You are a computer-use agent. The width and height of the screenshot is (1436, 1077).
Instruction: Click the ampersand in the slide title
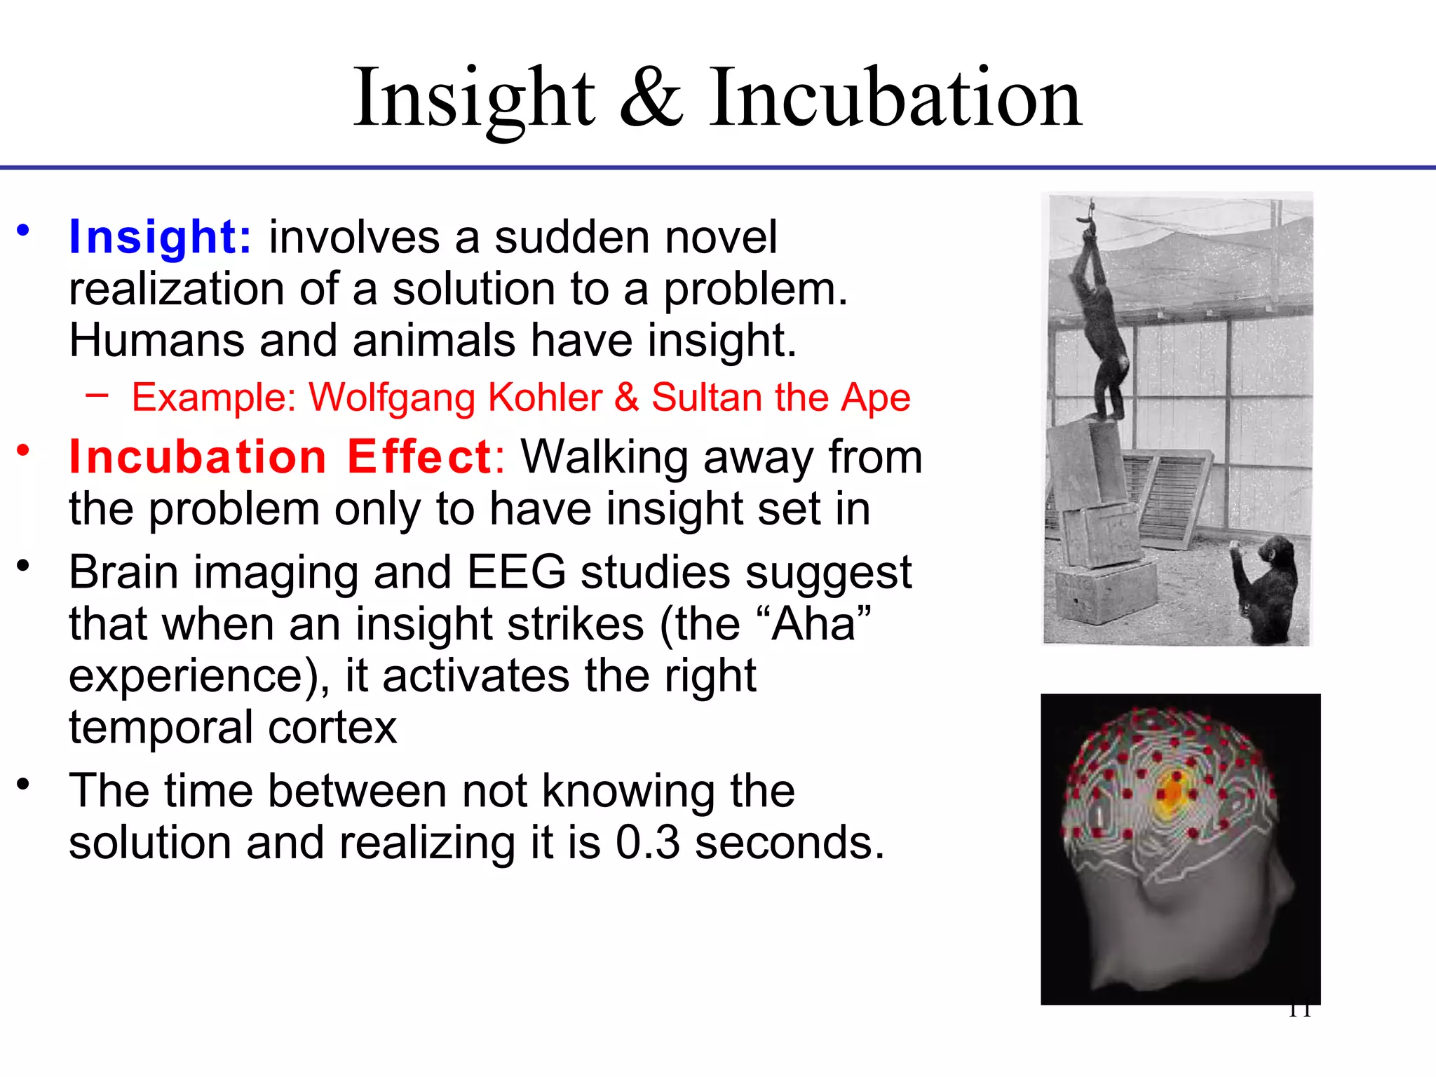click(x=651, y=98)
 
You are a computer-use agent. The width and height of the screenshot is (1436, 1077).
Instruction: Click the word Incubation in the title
click(x=895, y=98)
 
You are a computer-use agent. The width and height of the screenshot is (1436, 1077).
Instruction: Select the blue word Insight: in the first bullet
click(x=160, y=237)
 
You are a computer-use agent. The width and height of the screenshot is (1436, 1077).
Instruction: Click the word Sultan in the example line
click(x=705, y=398)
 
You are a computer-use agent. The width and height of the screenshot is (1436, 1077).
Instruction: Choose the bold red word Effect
click(x=419, y=457)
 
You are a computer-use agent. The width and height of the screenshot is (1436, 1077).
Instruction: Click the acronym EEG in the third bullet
click(x=517, y=572)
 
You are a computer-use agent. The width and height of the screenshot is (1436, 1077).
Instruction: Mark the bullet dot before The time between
click(x=24, y=784)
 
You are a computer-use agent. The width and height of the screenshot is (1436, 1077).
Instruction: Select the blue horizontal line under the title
click(x=718, y=168)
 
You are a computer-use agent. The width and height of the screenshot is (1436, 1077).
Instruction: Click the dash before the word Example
click(x=97, y=395)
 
